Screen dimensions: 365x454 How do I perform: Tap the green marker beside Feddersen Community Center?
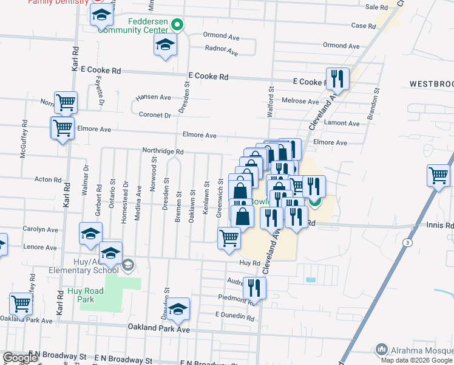click(x=177, y=25)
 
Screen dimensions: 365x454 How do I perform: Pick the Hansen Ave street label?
click(x=153, y=97)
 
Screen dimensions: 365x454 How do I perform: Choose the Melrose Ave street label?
click(x=300, y=102)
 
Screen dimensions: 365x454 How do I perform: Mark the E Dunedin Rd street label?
click(x=234, y=316)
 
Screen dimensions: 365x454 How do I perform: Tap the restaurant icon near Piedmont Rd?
click(x=254, y=288)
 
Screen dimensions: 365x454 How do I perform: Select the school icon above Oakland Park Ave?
click(x=178, y=310)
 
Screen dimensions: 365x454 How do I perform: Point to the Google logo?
click(x=20, y=358)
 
